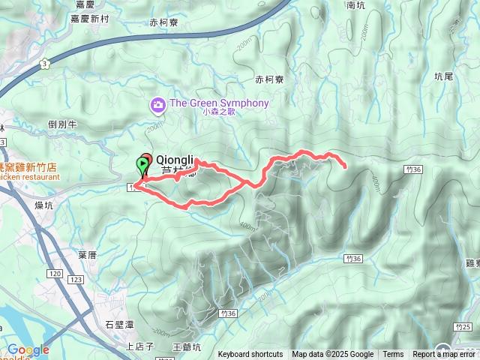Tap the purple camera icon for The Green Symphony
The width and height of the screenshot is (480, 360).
tap(158, 103)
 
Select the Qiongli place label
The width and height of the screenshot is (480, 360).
tap(175, 160)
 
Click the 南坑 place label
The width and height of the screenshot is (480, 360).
tap(357, 5)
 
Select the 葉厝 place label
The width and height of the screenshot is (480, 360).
tap(87, 255)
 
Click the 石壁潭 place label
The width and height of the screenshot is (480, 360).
tap(119, 325)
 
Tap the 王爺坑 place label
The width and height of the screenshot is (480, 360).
tap(187, 347)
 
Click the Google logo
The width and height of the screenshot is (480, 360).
tap(28, 350)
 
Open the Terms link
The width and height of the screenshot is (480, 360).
tap(393, 355)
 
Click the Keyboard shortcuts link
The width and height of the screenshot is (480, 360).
tap(250, 355)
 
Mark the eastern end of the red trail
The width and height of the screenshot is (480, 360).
tap(344, 166)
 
